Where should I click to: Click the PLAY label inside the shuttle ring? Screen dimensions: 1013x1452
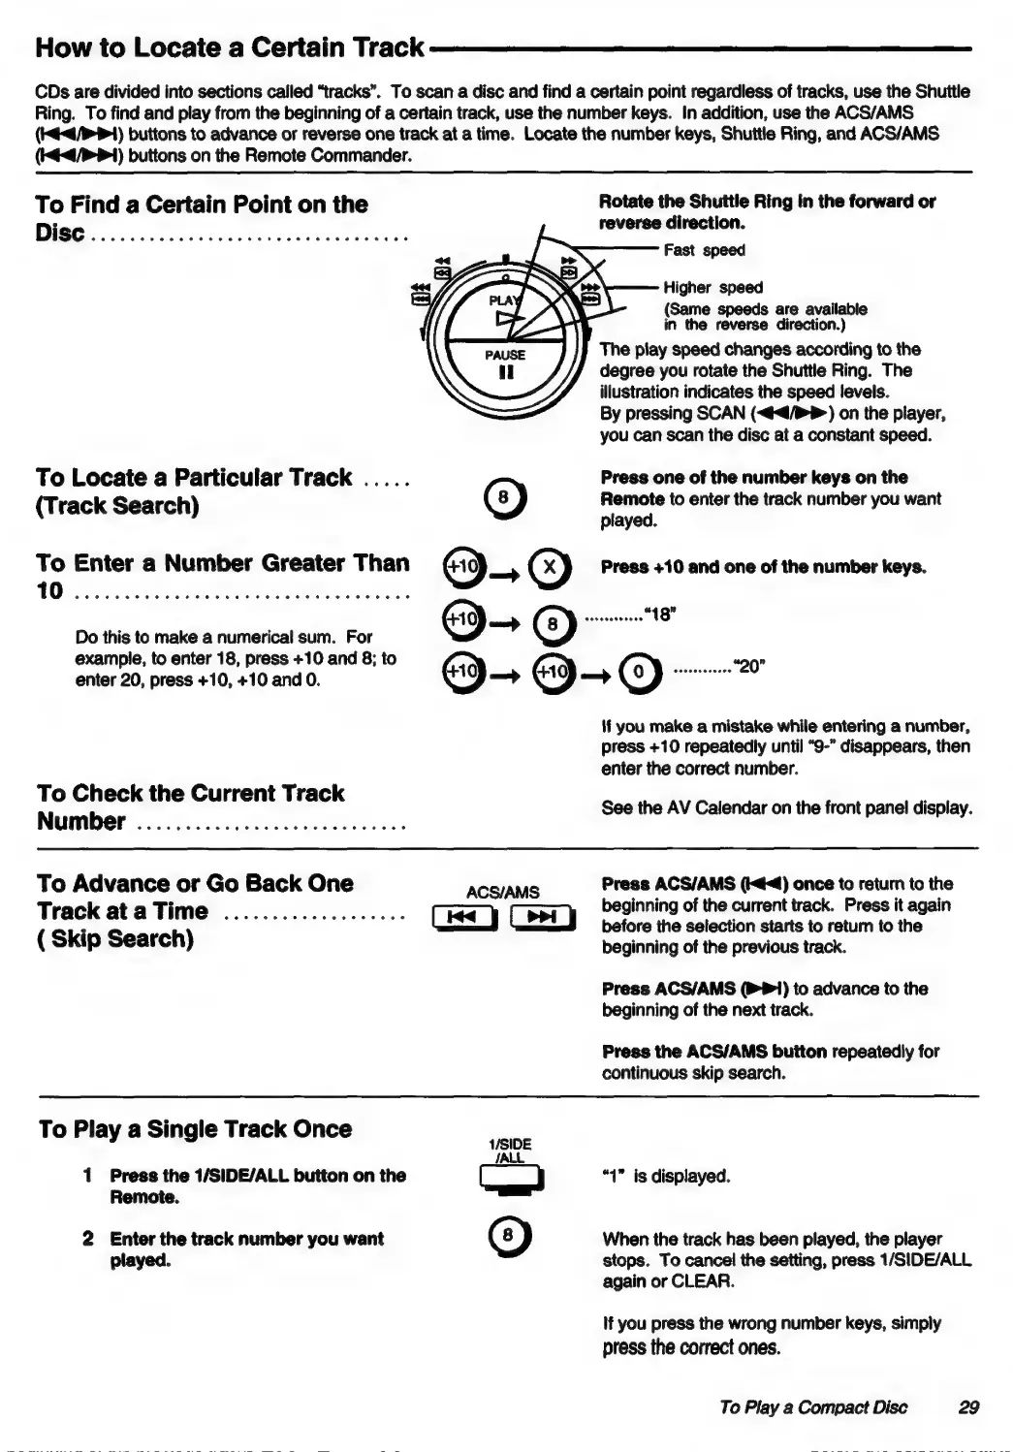[x=503, y=300]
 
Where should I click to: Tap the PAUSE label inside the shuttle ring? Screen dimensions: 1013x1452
[x=505, y=355]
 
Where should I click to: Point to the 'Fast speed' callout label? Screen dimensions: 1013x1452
[x=704, y=250]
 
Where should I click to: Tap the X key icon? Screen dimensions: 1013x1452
[x=550, y=567]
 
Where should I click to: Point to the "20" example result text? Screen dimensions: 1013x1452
[x=747, y=667]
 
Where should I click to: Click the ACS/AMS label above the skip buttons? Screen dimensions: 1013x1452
[x=503, y=892]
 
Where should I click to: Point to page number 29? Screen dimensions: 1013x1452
[x=967, y=1407]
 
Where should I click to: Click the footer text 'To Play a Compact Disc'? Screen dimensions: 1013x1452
[x=813, y=1407]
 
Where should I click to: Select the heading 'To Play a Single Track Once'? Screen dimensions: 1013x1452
[x=195, y=1129]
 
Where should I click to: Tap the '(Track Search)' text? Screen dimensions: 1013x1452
[x=117, y=506]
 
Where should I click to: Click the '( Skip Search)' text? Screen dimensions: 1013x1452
[x=115, y=938]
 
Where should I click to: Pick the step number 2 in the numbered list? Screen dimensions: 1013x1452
[x=87, y=1239]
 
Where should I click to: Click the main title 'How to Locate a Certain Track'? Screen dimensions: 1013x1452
[x=230, y=47]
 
